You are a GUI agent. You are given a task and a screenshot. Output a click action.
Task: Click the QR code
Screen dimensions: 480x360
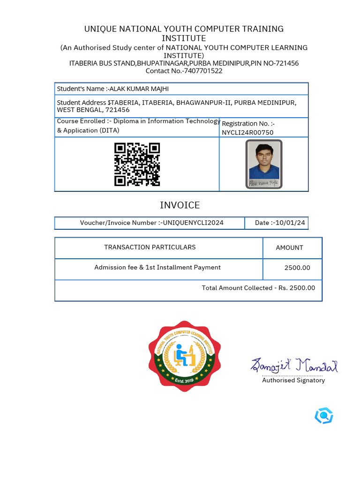(x=137, y=165)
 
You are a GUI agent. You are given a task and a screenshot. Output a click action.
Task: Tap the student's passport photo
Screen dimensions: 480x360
(x=264, y=164)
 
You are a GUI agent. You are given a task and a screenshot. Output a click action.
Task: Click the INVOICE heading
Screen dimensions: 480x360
(x=180, y=205)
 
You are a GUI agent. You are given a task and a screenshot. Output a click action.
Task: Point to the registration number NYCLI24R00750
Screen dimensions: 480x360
(x=247, y=133)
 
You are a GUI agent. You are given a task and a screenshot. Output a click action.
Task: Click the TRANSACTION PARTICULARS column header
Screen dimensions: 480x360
(x=150, y=247)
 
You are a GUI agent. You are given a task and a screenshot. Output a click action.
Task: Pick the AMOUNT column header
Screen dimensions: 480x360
(x=290, y=247)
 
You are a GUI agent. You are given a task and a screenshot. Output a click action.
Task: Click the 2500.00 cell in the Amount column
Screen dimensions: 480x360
(x=297, y=268)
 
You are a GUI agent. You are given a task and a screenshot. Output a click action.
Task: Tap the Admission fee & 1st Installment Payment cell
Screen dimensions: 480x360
(x=157, y=267)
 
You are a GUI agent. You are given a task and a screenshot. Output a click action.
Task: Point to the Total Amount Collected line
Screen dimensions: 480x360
(x=258, y=288)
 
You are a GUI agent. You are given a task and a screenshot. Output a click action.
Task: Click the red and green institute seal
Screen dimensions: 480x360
(x=185, y=356)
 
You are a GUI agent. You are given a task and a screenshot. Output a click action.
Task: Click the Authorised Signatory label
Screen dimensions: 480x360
(x=293, y=380)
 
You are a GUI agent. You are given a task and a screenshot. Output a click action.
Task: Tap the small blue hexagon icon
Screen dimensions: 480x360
(x=323, y=415)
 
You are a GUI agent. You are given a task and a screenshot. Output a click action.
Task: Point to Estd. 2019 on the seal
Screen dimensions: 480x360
(x=184, y=381)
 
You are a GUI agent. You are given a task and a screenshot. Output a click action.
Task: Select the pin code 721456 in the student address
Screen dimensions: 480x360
(x=118, y=110)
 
